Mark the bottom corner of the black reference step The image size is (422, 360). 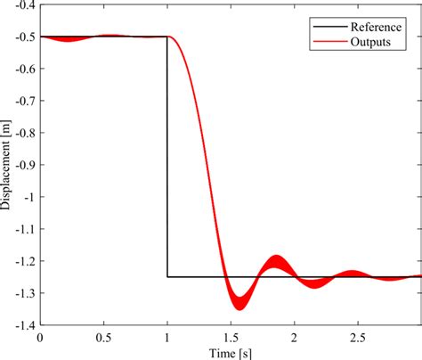(x=167, y=277)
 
